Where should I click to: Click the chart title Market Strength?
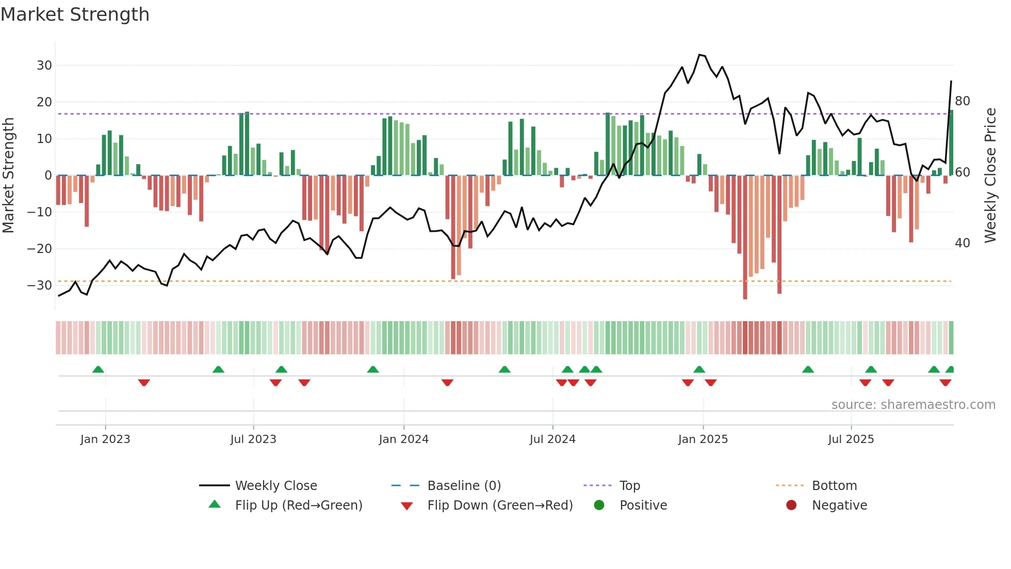pos(75,14)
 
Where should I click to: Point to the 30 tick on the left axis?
pos(44,66)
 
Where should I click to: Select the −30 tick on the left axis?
pos(40,286)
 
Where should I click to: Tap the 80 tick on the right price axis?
pos(963,101)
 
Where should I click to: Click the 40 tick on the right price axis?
pos(963,243)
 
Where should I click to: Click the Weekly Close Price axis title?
pos(990,176)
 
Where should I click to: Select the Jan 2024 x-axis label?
pos(403,439)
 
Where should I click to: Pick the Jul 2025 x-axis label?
pos(851,439)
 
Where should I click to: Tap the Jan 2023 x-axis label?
pos(105,439)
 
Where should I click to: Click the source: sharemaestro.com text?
pos(913,405)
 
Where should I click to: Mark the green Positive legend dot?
pos(599,505)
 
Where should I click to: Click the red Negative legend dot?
pos(791,505)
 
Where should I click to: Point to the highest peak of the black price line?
pos(700,55)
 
